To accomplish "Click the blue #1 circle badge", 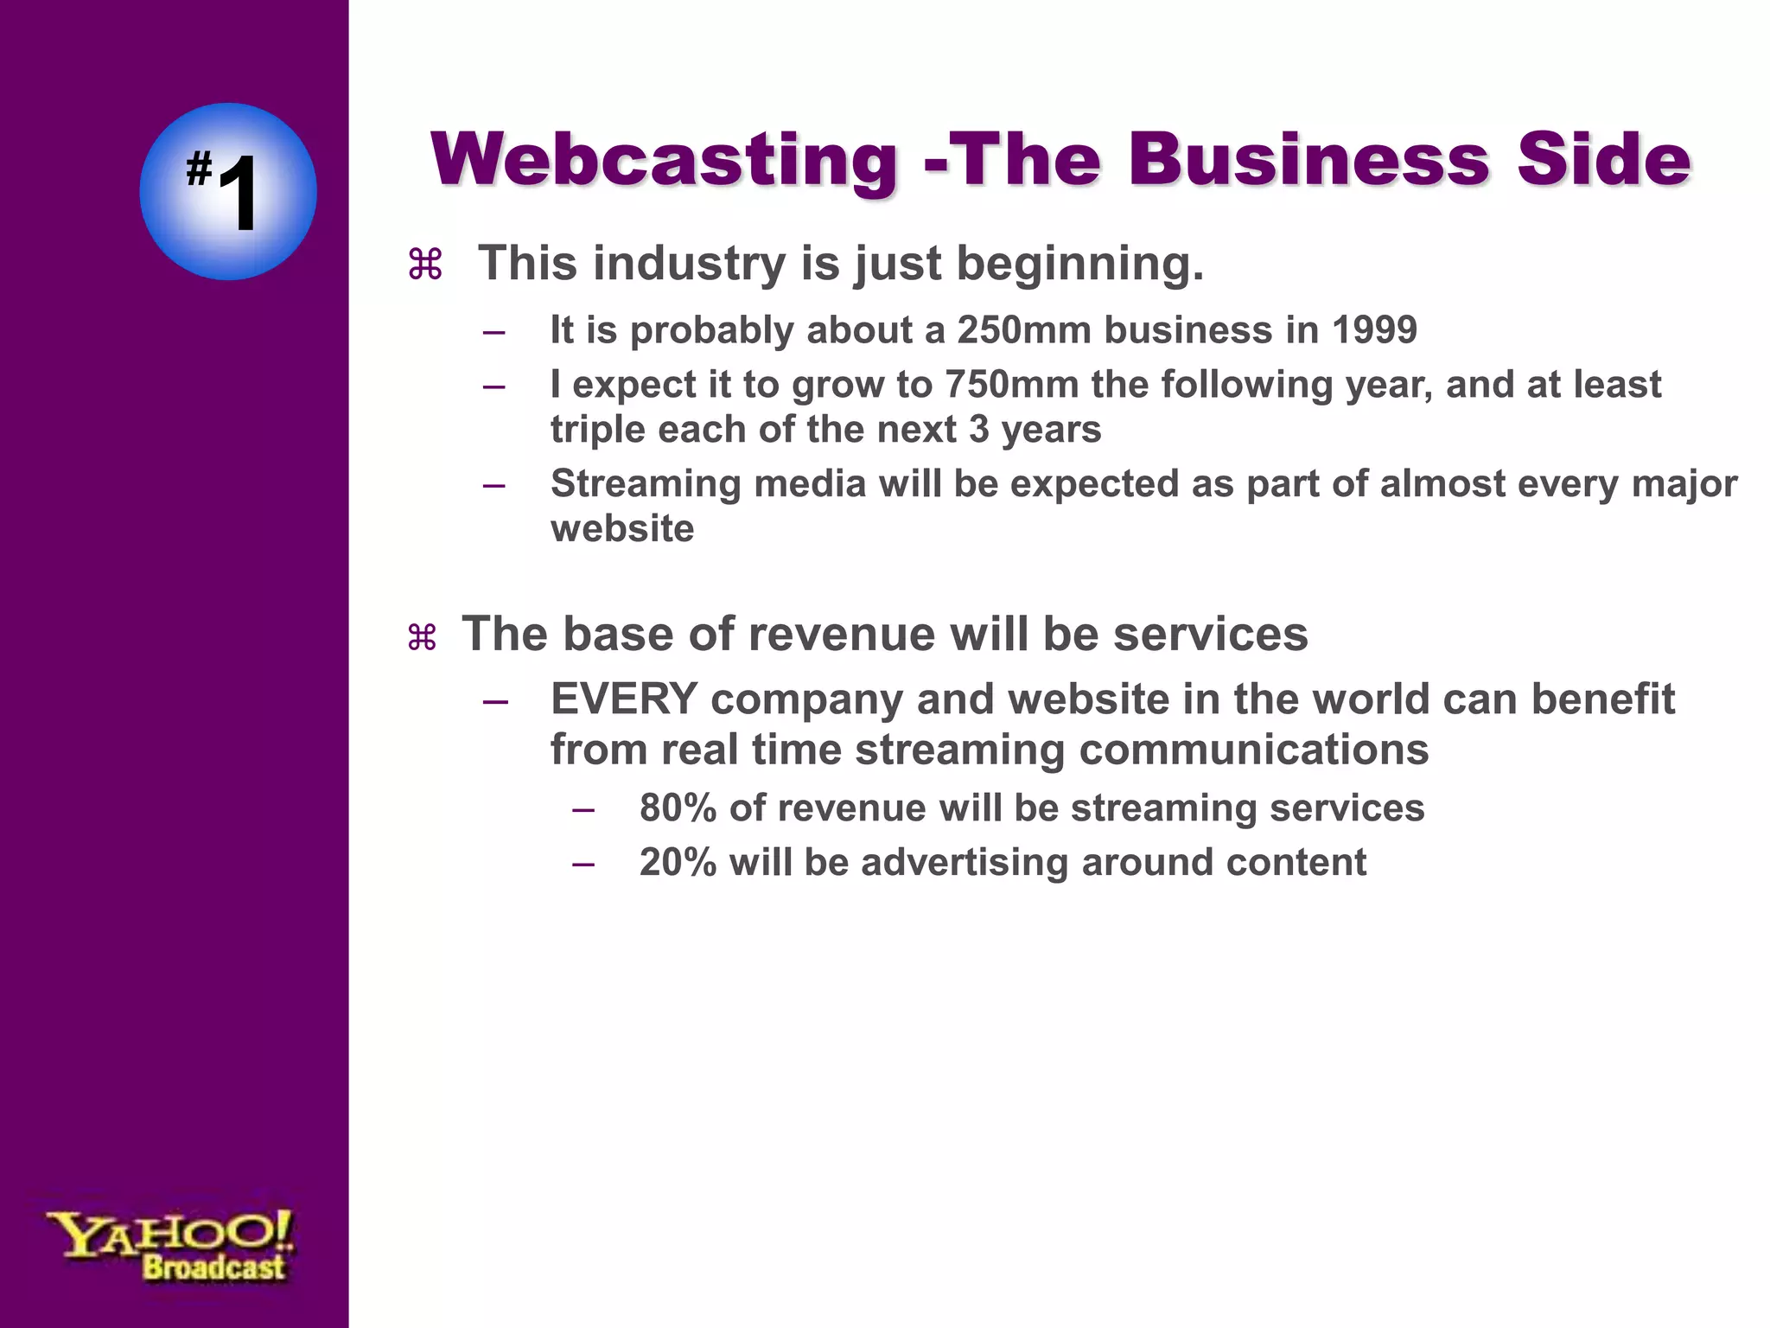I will coord(228,192).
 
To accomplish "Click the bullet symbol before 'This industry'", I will coord(425,265).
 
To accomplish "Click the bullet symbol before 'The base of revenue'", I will coord(423,638).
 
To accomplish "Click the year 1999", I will coord(1374,330).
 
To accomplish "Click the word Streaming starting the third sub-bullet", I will coord(646,484).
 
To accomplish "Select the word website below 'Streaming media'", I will coord(622,529).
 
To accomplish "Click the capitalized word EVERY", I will coord(624,699).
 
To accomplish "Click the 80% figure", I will coord(678,808).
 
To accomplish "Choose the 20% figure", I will coord(678,863).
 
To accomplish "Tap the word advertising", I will coord(965,863).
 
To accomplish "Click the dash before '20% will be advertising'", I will coord(583,864).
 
